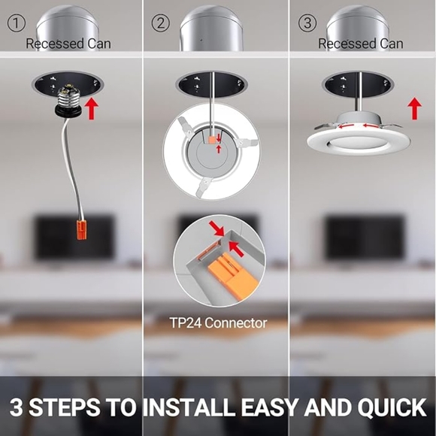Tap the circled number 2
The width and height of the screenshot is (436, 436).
pos(160,23)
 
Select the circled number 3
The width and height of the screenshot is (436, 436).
pos(306,23)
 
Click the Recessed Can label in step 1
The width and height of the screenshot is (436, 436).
pos(68,44)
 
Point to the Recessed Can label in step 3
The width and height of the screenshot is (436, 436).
pos(360,44)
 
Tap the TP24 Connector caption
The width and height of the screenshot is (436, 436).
pos(218,323)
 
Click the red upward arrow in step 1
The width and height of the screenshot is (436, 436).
pos(92,107)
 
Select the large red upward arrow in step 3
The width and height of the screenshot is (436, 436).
pos(414,107)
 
